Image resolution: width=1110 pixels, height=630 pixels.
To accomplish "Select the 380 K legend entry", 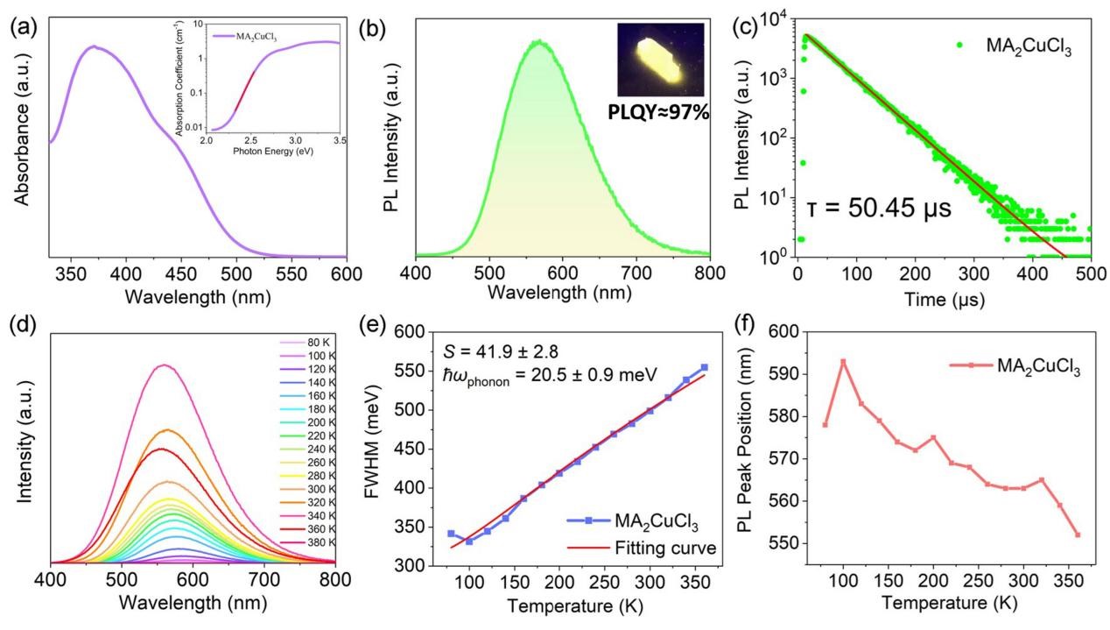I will [x=296, y=543].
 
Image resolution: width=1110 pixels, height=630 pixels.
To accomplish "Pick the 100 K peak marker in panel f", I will [x=843, y=362].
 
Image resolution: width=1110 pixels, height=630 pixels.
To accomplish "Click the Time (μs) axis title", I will [x=945, y=300].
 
